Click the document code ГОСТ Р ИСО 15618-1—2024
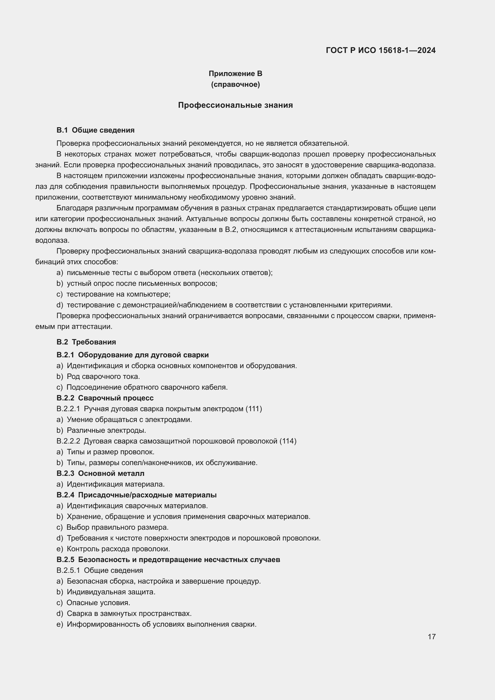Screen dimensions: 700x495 point(380,50)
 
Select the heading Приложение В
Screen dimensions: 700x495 point(235,74)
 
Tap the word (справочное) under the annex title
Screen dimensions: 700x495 point(235,84)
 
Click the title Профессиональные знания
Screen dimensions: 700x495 point(235,105)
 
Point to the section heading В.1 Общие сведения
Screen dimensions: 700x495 point(95,130)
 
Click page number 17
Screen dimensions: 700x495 point(431,637)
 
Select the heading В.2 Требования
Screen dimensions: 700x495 point(86,342)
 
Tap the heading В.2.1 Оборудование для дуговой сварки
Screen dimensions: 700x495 point(133,355)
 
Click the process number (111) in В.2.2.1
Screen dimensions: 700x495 point(253,409)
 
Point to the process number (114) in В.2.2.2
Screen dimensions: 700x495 point(288,441)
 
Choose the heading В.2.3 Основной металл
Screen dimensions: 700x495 point(101,473)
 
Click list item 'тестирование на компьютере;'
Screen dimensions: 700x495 point(118,294)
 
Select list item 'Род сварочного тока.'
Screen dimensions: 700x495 point(103,376)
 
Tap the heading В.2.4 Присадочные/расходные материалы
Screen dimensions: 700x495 point(136,495)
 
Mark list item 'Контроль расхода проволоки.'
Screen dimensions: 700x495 point(118,549)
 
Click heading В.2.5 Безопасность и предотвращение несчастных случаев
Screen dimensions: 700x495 point(168,559)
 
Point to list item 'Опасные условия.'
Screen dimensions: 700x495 point(98,603)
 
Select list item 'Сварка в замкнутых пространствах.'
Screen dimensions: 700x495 point(129,614)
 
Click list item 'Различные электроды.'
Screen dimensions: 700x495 point(106,430)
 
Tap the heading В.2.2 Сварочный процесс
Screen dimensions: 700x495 point(105,398)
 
